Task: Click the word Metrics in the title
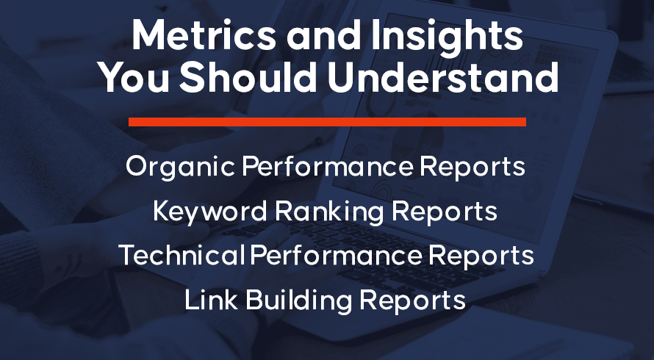point(204,35)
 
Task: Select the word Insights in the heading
point(447,37)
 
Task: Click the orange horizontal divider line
point(327,122)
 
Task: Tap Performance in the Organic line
point(328,167)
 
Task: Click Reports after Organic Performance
point(472,168)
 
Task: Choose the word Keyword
point(210,212)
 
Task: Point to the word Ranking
point(329,212)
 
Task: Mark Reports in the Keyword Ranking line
point(445,212)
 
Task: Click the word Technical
point(182,255)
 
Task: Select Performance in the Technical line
point(336,255)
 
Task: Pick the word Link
point(211,299)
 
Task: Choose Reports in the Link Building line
point(413,300)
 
